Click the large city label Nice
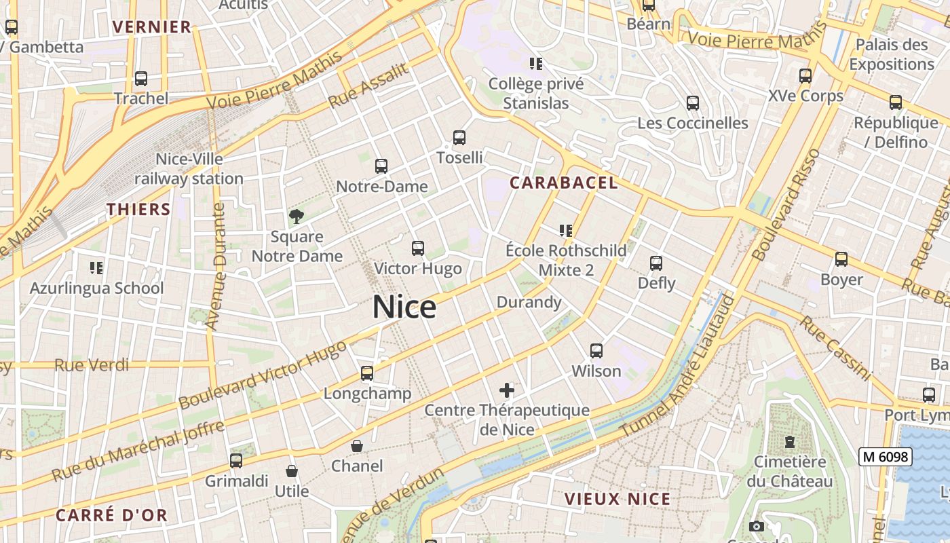404,307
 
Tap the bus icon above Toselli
459,138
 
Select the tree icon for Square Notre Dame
296,217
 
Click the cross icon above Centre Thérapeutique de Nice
507,390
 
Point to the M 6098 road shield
885,457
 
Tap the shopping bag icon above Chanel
356,446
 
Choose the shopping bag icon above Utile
292,471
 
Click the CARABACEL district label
564,183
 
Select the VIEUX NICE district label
617,500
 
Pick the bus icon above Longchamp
367,373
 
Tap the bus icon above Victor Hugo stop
418,248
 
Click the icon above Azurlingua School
96,268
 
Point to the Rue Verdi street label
92,365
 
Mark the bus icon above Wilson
596,351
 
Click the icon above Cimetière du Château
790,442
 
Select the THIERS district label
138,209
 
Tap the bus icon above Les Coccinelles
693,103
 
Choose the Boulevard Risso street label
787,204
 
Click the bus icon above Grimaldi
236,461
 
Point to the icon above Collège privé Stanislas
536,64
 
